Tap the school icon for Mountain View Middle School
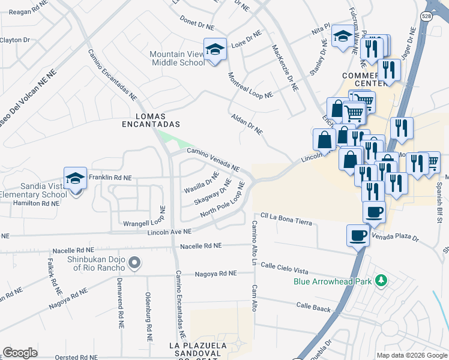214,49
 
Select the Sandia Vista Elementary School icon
76,178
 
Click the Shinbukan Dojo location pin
135,263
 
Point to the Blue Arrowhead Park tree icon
379,281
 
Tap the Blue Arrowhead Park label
333,281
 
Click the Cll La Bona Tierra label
286,218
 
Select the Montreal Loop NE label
251,86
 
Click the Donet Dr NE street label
197,23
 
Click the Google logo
20,353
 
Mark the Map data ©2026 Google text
411,355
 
